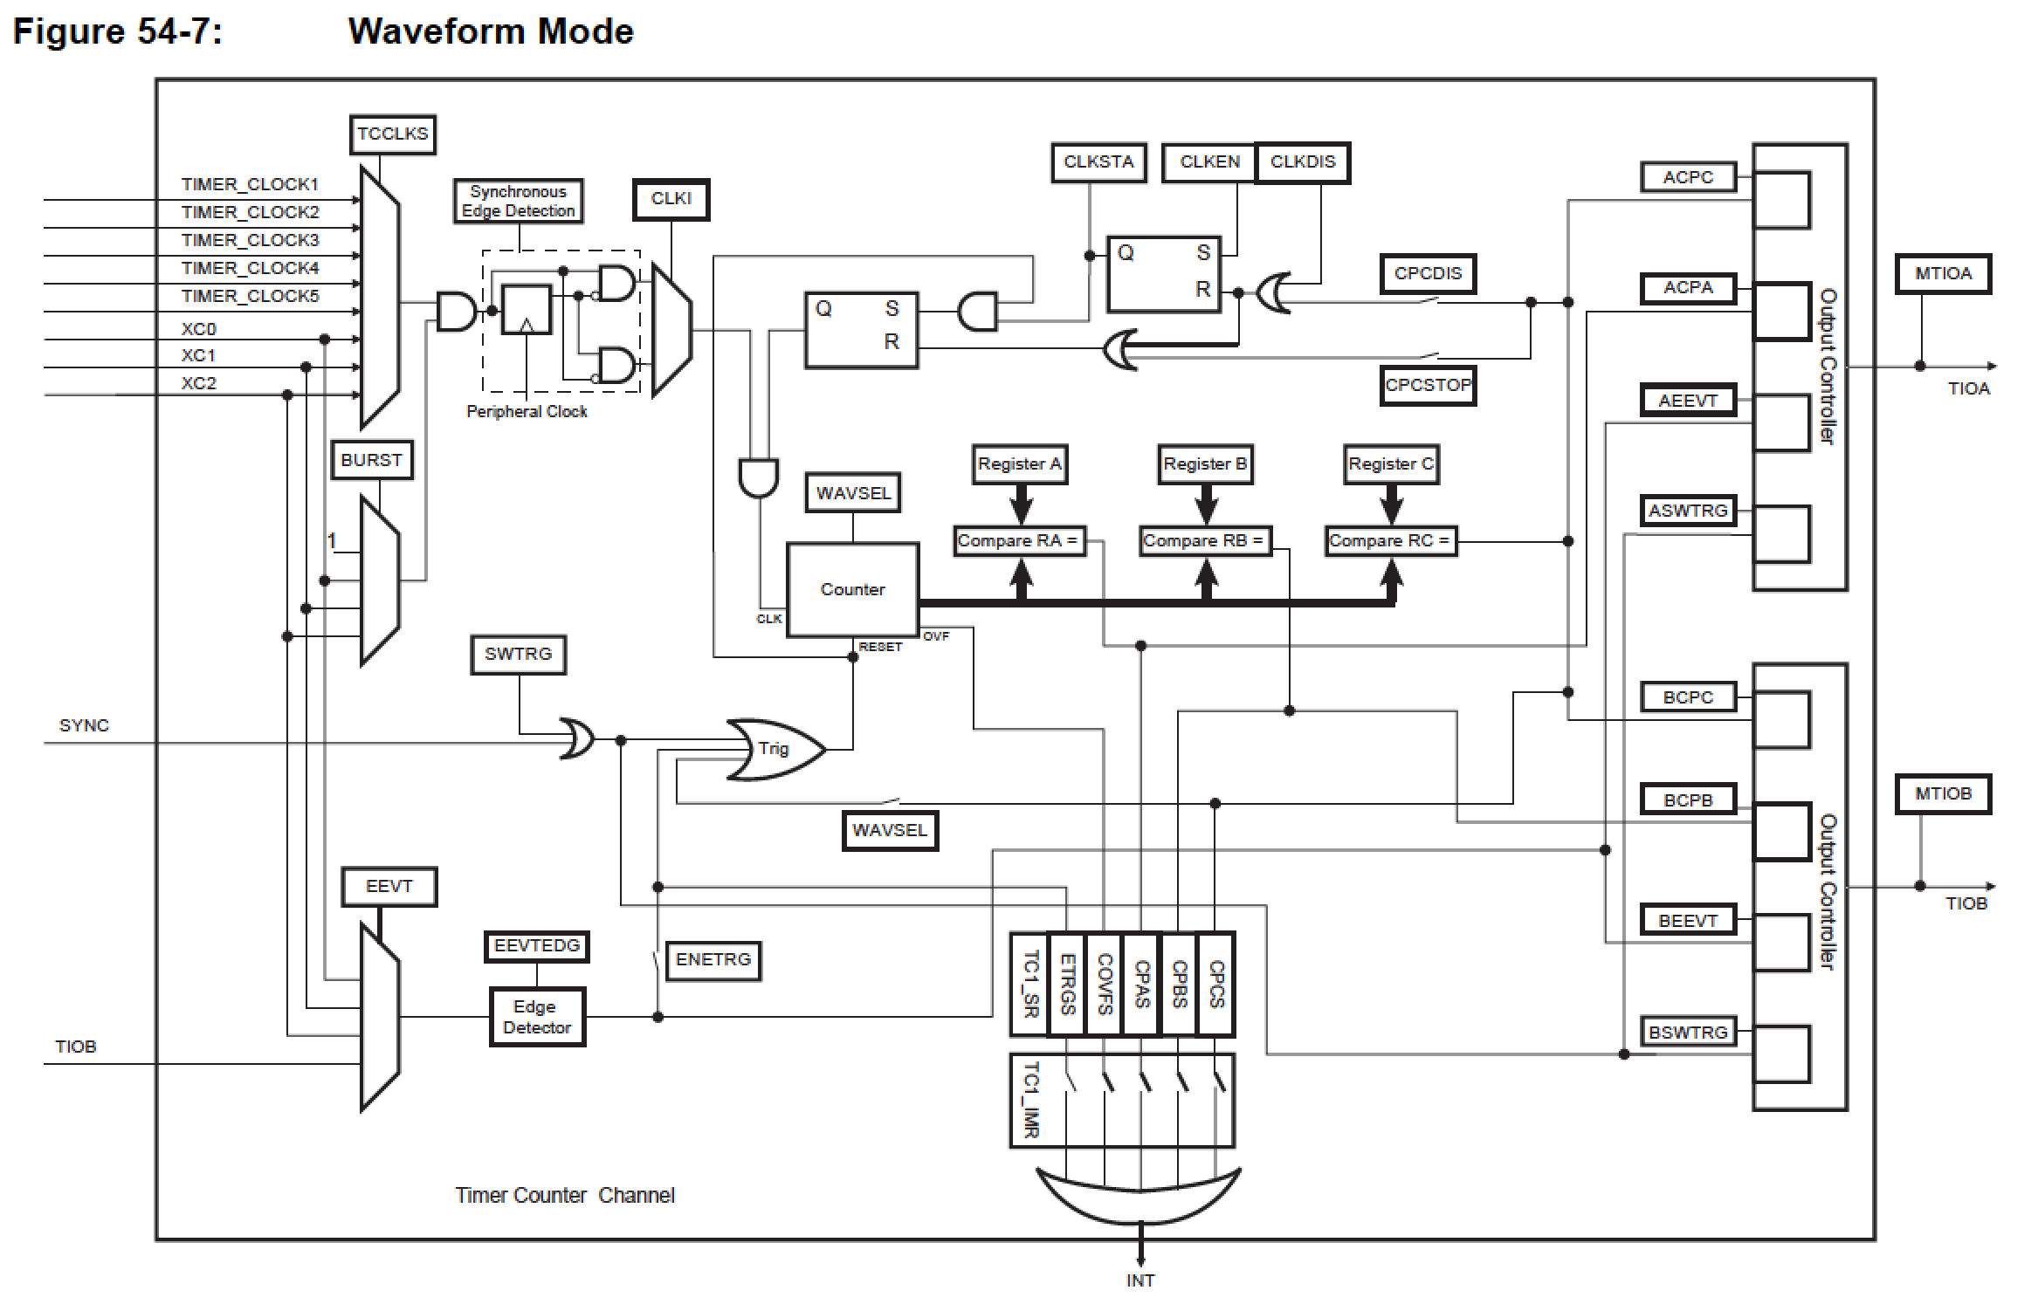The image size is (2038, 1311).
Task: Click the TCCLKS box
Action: (x=392, y=134)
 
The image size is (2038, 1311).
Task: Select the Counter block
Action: (x=852, y=590)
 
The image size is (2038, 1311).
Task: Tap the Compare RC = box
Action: (x=1390, y=541)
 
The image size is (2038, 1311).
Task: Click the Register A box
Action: (x=1020, y=464)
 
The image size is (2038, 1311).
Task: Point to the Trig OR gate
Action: (x=774, y=749)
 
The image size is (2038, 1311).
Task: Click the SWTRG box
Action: (x=518, y=655)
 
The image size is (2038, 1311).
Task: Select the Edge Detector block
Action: (x=536, y=1017)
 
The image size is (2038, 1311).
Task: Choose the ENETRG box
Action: (x=713, y=960)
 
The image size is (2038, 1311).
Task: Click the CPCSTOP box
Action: (x=1428, y=385)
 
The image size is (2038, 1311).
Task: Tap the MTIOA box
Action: (x=1943, y=274)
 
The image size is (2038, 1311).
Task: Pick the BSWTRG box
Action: (x=1687, y=1033)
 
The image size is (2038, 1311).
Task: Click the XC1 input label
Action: (x=198, y=356)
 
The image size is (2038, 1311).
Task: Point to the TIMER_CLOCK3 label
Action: (x=250, y=240)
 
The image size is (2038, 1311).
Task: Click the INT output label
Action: (x=1139, y=1280)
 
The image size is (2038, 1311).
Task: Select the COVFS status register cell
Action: (x=1104, y=985)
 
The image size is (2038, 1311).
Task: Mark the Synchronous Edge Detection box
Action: (x=518, y=202)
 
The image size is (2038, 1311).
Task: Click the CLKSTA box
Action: (x=1098, y=162)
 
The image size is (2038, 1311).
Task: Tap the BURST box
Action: (x=371, y=461)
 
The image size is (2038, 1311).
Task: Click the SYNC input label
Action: (x=84, y=725)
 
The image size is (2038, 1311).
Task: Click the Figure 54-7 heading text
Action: (x=118, y=32)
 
